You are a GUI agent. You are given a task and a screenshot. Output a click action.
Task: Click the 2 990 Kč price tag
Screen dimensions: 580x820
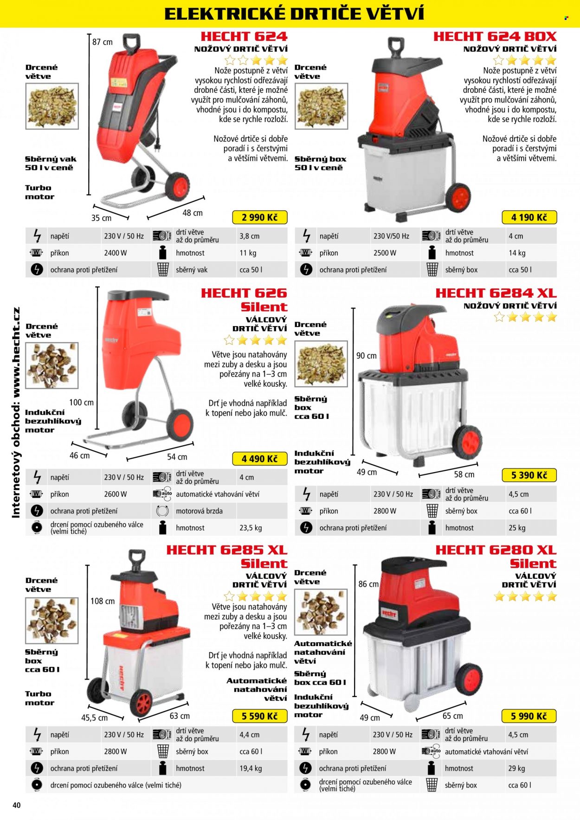click(260, 218)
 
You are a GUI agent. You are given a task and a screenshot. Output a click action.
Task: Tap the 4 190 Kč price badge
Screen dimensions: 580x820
click(529, 218)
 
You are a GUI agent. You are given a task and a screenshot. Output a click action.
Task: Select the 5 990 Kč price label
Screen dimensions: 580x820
click(529, 716)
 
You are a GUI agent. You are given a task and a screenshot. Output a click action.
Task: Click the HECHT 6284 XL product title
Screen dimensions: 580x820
click(496, 293)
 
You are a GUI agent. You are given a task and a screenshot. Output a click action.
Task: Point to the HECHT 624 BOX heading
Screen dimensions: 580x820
click(495, 37)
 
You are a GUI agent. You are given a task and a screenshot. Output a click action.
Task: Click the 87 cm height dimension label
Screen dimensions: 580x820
click(102, 42)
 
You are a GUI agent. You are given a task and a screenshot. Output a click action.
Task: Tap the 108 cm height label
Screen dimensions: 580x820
click(103, 601)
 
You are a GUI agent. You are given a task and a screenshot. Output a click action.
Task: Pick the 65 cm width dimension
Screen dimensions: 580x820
click(452, 716)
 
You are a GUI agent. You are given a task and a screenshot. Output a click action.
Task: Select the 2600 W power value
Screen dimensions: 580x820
click(116, 494)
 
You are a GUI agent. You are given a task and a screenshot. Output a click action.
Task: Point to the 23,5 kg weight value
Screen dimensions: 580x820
click(251, 528)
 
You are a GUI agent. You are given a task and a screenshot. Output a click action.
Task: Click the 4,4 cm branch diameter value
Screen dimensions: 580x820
click(249, 735)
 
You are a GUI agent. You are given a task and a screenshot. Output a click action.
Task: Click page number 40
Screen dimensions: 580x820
click(17, 805)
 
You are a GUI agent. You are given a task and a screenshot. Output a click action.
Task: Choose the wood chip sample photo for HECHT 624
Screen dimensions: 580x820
click(52, 106)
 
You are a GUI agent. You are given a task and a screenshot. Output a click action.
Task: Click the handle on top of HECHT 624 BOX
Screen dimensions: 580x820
click(396, 47)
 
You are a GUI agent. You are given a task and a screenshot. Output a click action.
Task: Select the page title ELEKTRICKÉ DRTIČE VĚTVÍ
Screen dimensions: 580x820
click(294, 14)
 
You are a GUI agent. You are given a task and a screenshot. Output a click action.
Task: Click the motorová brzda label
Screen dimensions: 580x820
click(199, 511)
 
